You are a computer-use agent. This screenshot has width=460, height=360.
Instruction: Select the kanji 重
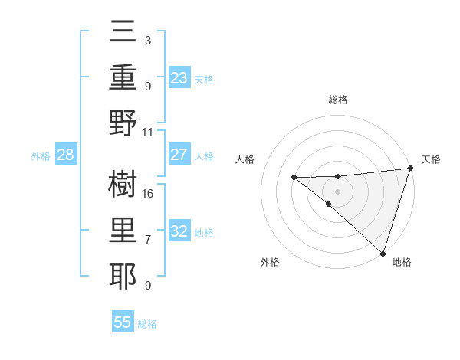pos(123,79)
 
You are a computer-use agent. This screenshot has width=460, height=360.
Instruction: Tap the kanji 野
pos(123,122)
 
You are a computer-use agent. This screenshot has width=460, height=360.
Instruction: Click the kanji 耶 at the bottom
pos(123,272)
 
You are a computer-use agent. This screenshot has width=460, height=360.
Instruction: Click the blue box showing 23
pos(179,78)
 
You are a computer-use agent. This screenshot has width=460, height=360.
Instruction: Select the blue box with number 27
pos(179,155)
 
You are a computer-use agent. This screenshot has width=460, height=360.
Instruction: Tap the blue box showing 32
pos(179,231)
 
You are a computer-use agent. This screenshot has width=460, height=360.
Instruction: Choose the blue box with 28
pos(65,155)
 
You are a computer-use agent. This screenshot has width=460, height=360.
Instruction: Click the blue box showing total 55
pos(123,322)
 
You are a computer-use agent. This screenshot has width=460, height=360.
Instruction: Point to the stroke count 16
pos(148,193)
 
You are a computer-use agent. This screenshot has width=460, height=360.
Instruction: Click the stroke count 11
pos(148,132)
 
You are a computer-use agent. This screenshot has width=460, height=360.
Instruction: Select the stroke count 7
pos(148,239)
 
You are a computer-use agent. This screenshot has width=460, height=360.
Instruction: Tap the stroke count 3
pos(148,40)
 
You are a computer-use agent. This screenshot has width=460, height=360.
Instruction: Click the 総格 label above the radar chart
pos(337,100)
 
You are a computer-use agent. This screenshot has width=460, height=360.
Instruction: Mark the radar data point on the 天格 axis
pos(410,169)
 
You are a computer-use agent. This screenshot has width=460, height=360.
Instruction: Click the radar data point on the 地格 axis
pos(383,253)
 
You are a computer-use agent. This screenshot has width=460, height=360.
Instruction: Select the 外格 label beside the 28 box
pos(41,156)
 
